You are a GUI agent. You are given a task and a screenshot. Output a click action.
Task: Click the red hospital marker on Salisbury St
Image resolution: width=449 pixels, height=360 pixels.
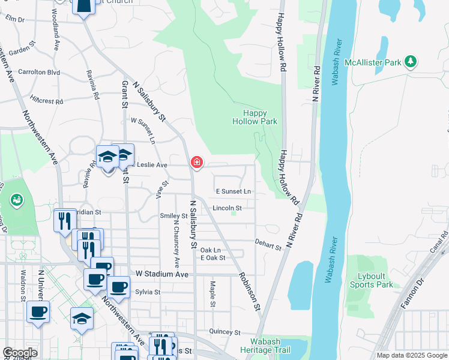[x=196, y=162]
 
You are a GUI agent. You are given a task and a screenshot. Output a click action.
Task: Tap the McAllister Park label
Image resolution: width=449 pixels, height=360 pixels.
[x=376, y=62]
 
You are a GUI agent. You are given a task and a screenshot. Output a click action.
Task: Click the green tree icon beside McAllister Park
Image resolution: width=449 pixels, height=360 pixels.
[x=411, y=61]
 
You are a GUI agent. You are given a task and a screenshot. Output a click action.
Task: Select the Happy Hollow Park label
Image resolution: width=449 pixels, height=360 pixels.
[x=255, y=117]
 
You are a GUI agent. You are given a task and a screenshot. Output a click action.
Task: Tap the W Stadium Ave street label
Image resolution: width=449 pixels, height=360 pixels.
[x=162, y=274]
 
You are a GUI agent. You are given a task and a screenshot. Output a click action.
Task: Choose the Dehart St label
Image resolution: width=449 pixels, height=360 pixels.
[x=268, y=245]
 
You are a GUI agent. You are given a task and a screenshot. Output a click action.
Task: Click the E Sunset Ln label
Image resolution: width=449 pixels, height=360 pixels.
[x=234, y=191]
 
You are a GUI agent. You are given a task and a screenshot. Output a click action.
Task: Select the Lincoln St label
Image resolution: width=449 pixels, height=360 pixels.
[x=227, y=208]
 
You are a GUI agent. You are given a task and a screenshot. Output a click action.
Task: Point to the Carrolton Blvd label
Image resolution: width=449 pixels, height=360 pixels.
[x=39, y=72]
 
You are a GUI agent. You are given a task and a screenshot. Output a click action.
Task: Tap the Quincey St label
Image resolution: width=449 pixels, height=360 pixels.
[x=224, y=332]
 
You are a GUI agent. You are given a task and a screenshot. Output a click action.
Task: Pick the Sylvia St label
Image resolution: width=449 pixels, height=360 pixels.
[x=147, y=292]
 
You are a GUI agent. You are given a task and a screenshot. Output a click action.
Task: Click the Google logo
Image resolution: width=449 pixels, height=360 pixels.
[x=19, y=353]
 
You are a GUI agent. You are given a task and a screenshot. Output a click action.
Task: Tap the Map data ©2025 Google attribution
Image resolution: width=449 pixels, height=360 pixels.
[x=412, y=355]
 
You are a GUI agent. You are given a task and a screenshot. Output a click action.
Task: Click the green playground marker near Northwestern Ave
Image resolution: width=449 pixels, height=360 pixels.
[x=17, y=199]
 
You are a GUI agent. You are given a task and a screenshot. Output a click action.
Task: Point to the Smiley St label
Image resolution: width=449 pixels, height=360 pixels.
[x=174, y=216]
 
